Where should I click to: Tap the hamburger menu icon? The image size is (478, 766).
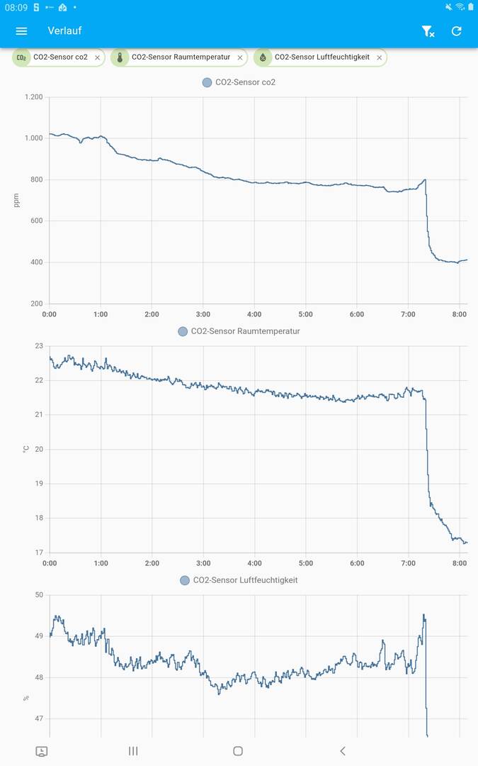click(21, 31)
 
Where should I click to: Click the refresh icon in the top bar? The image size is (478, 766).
click(456, 31)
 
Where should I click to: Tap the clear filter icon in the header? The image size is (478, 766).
click(428, 31)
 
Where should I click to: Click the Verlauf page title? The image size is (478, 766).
click(64, 31)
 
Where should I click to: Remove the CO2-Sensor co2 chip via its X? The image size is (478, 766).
click(98, 57)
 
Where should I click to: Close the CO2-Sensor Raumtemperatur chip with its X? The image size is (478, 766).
click(240, 57)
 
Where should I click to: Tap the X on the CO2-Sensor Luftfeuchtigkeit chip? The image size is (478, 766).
click(379, 57)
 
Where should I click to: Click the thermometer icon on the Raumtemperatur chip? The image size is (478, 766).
click(120, 57)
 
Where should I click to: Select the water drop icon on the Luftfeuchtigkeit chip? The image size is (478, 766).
click(263, 57)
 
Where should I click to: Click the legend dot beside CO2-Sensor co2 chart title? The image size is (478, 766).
click(207, 82)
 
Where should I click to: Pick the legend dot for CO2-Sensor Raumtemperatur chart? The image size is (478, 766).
click(183, 331)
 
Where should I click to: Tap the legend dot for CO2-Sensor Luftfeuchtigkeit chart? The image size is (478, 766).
click(185, 580)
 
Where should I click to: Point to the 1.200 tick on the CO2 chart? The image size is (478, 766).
click(33, 97)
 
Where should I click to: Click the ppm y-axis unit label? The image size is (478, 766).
click(17, 201)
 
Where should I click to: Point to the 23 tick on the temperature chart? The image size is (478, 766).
click(39, 346)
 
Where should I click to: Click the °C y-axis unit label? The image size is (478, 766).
click(26, 449)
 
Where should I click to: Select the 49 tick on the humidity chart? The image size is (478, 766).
click(39, 636)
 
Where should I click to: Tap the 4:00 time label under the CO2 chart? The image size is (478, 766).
click(254, 314)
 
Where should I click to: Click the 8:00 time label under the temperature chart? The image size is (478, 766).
click(459, 563)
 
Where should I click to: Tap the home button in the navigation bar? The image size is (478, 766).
click(238, 751)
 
